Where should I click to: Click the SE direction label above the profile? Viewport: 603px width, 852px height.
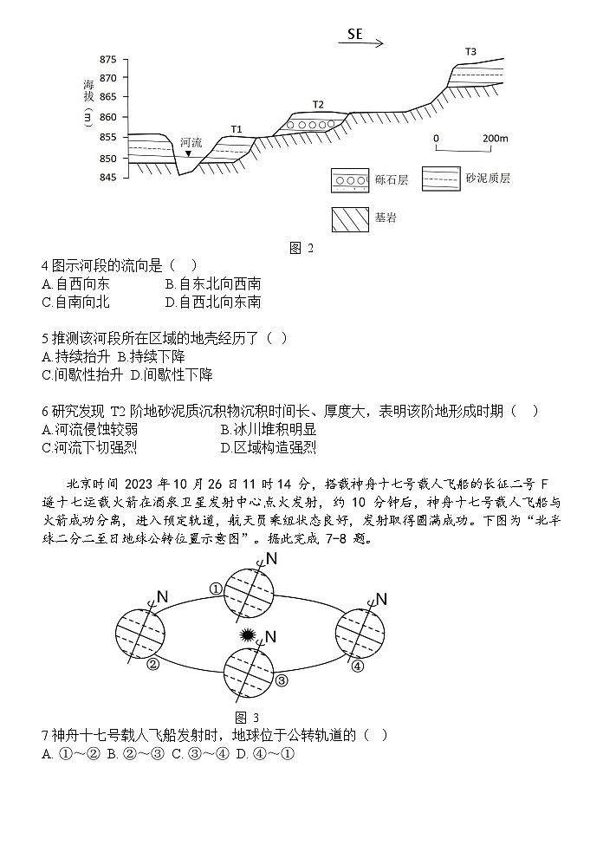click(354, 35)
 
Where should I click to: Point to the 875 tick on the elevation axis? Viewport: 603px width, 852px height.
click(107, 60)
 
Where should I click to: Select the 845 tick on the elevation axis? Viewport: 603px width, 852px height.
click(107, 178)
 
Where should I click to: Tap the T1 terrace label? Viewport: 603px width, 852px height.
click(237, 129)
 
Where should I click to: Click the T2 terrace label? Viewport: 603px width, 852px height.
click(318, 105)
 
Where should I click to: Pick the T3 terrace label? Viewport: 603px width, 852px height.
click(470, 52)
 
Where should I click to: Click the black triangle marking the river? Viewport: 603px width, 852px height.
click(188, 154)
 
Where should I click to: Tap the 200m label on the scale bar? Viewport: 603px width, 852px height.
click(496, 139)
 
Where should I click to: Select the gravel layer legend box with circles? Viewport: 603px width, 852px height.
click(349, 181)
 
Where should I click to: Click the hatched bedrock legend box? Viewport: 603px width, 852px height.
click(349, 219)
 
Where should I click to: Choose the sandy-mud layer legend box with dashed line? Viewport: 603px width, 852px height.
click(440, 179)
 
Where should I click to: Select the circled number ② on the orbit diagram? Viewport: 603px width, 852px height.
click(153, 665)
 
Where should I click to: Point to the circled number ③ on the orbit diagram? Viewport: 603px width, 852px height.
click(282, 680)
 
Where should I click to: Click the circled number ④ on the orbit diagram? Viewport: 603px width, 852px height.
click(357, 666)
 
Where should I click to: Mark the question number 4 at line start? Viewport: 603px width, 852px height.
click(44, 265)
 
